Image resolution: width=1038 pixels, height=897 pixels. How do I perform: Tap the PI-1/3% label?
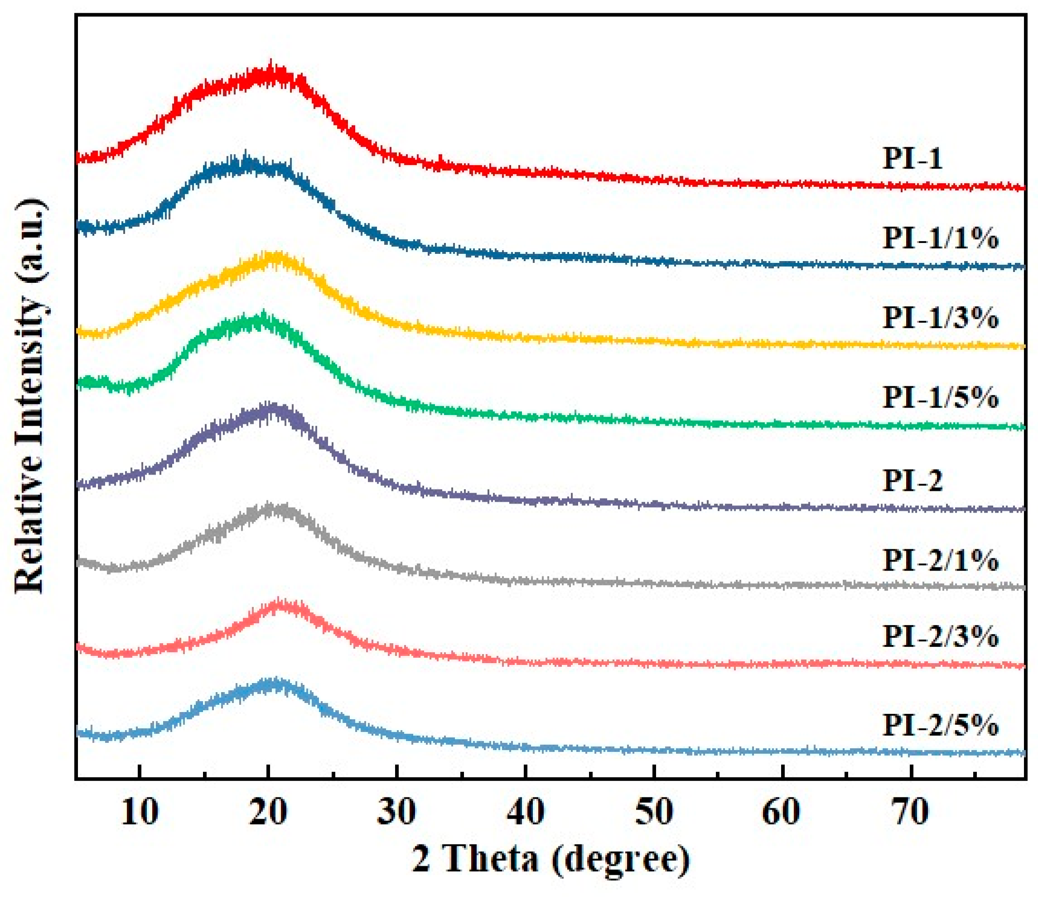click(x=940, y=317)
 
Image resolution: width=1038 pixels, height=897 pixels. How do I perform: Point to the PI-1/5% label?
click(x=940, y=397)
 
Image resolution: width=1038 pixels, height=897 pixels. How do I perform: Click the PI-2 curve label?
click(x=912, y=480)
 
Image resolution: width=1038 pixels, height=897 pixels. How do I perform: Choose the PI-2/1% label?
click(x=940, y=560)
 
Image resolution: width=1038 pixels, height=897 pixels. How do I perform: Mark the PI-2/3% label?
click(x=940, y=636)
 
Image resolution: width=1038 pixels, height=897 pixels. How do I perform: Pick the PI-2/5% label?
click(x=940, y=725)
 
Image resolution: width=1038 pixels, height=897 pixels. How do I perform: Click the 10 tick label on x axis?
click(x=140, y=811)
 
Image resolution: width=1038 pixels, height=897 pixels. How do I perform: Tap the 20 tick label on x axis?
click(x=269, y=811)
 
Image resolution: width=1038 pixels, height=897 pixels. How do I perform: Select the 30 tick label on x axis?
click(x=397, y=811)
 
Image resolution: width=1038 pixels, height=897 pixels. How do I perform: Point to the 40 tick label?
click(x=526, y=811)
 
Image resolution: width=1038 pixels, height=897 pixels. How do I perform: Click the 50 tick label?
click(x=654, y=811)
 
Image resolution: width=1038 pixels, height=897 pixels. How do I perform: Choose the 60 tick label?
click(x=782, y=811)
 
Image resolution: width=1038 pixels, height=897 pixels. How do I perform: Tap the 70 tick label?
click(x=911, y=811)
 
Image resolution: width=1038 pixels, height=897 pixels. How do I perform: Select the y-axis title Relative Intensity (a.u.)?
click(x=30, y=396)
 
